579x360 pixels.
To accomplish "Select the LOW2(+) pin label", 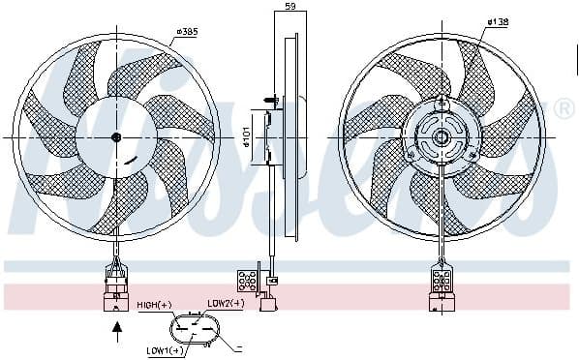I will [x=226, y=304].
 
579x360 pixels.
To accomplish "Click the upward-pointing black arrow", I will [x=118, y=332].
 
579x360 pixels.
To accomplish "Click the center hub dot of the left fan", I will [x=117, y=136].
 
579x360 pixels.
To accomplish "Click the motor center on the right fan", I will [x=442, y=136].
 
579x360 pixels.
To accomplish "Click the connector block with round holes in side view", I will [x=247, y=281].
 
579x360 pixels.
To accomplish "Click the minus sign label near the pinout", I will [x=238, y=347].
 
